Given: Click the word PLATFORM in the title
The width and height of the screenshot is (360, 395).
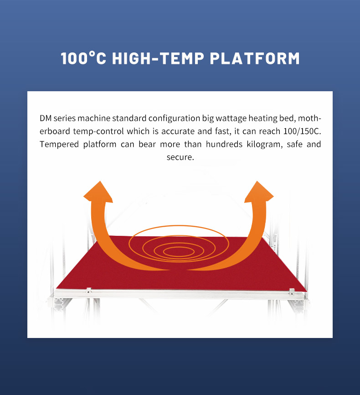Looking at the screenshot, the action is (255, 58).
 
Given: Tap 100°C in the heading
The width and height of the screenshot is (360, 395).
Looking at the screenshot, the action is (83, 58).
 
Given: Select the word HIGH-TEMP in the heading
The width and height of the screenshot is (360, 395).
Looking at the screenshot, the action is (158, 58).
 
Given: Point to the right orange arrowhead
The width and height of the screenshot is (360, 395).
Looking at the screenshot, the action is (259, 192).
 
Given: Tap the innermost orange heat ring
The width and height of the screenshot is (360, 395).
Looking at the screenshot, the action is (179, 251).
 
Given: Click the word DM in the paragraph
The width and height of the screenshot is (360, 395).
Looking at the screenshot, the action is (45, 118).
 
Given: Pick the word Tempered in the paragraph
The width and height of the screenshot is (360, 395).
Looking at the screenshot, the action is (59, 144).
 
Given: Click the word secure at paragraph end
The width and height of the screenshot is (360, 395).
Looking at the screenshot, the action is (180, 157).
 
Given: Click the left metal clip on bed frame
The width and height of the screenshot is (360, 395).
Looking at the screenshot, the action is (88, 290).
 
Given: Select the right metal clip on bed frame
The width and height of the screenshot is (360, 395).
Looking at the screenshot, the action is (292, 292).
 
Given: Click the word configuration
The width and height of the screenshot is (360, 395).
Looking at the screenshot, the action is (174, 119).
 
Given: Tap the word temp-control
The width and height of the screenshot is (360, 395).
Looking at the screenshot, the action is (98, 131).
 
